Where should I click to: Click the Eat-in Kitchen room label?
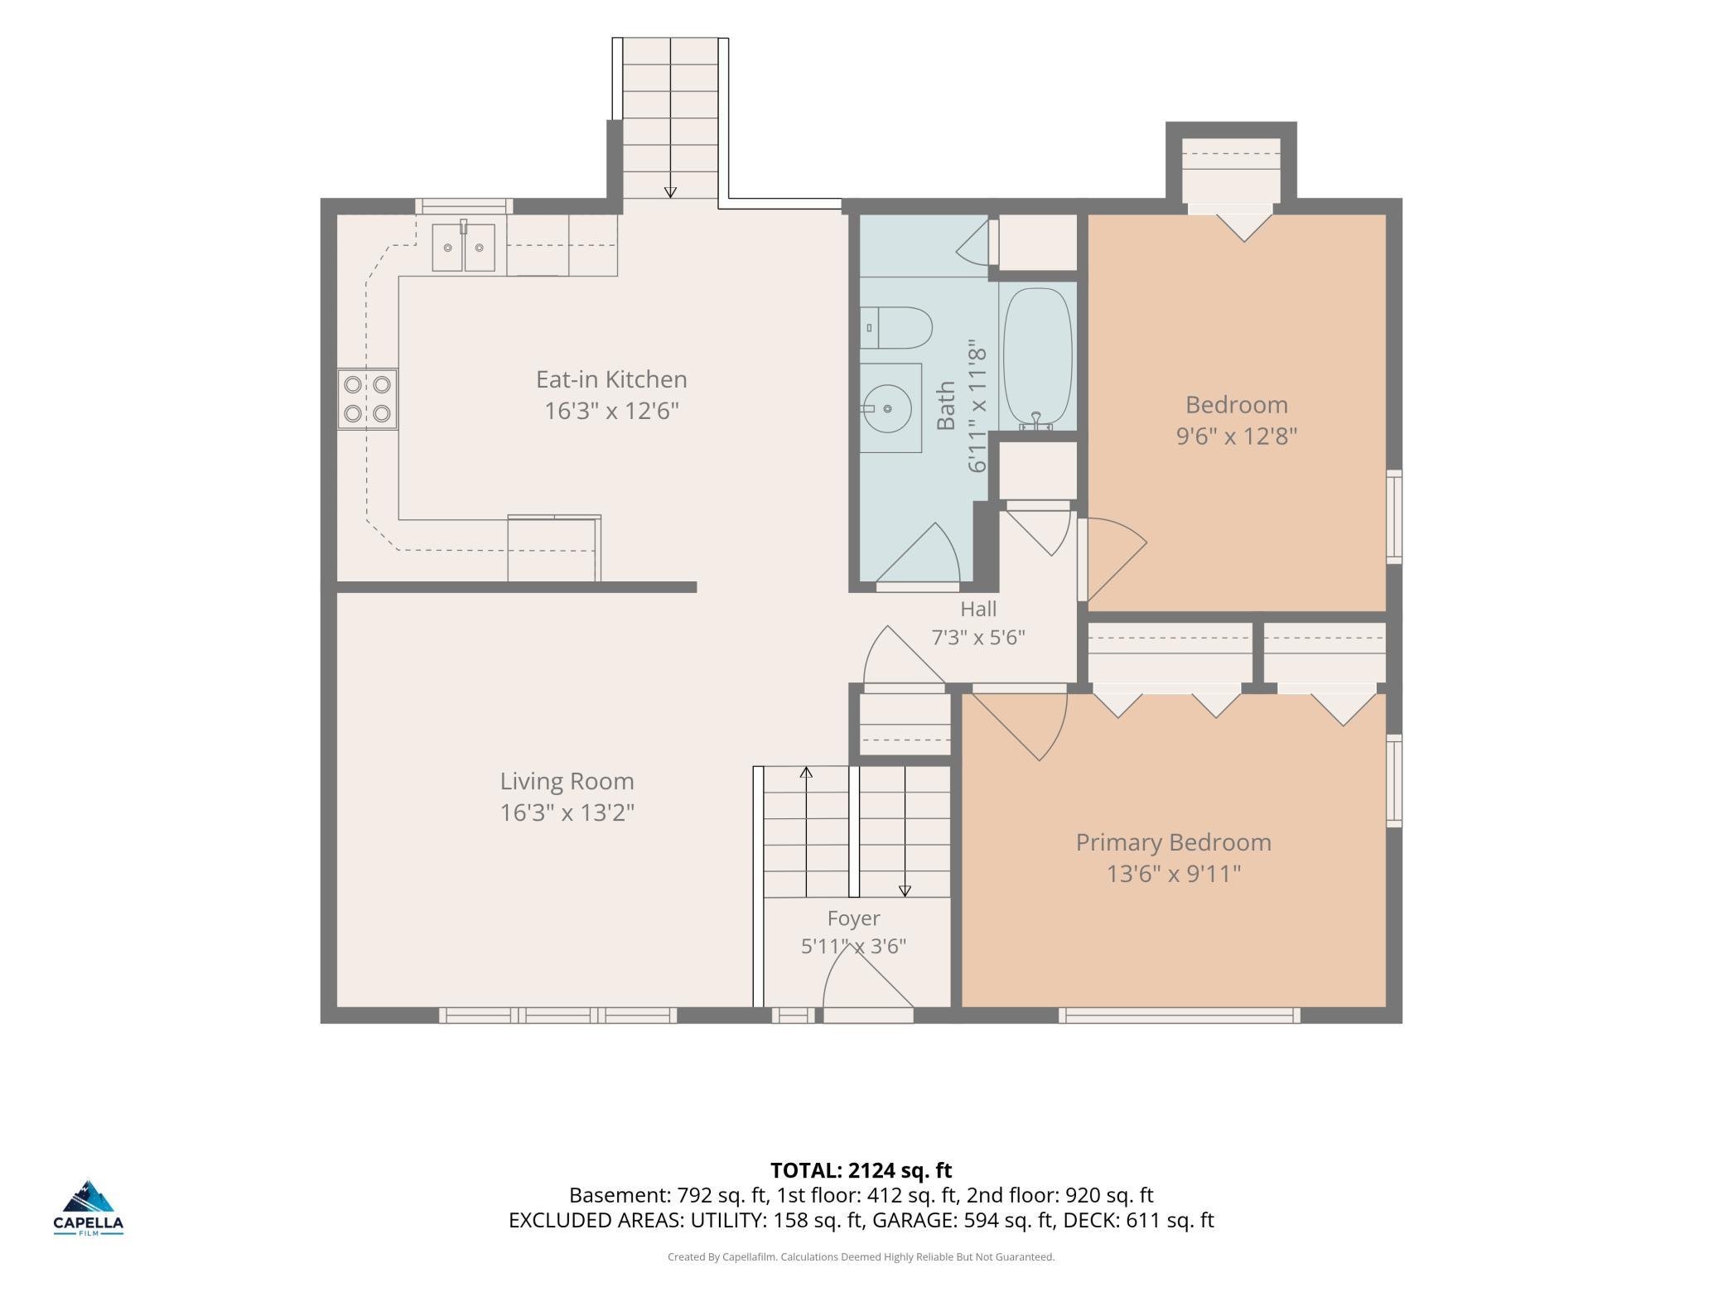coord(611,379)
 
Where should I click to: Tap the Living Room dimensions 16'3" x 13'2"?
coord(567,812)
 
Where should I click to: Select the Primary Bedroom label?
coord(1173,842)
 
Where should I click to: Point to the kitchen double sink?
coord(463,247)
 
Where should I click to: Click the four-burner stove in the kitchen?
coord(367,398)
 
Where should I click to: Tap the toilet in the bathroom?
coord(895,328)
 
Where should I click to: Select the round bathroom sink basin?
coord(886,408)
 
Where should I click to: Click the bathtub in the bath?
coord(1037,358)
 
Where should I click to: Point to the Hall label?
coord(978,609)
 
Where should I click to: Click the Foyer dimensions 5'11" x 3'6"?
coord(853,946)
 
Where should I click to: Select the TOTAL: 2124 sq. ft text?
coord(861,1169)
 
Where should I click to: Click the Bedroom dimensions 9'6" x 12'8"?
coord(1237,436)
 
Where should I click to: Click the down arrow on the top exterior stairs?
coord(670,192)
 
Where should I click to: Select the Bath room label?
coord(946,406)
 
